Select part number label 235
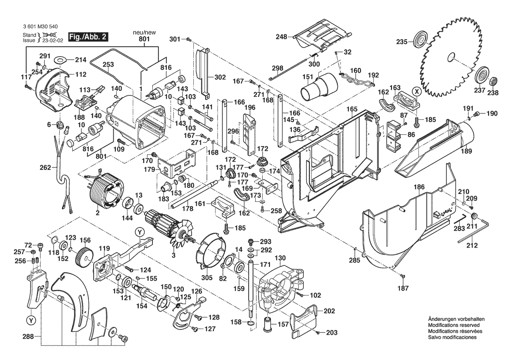point(401,42)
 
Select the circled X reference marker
point(417,92)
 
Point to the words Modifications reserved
point(454,325)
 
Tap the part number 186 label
point(419,187)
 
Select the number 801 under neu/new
point(145,39)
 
